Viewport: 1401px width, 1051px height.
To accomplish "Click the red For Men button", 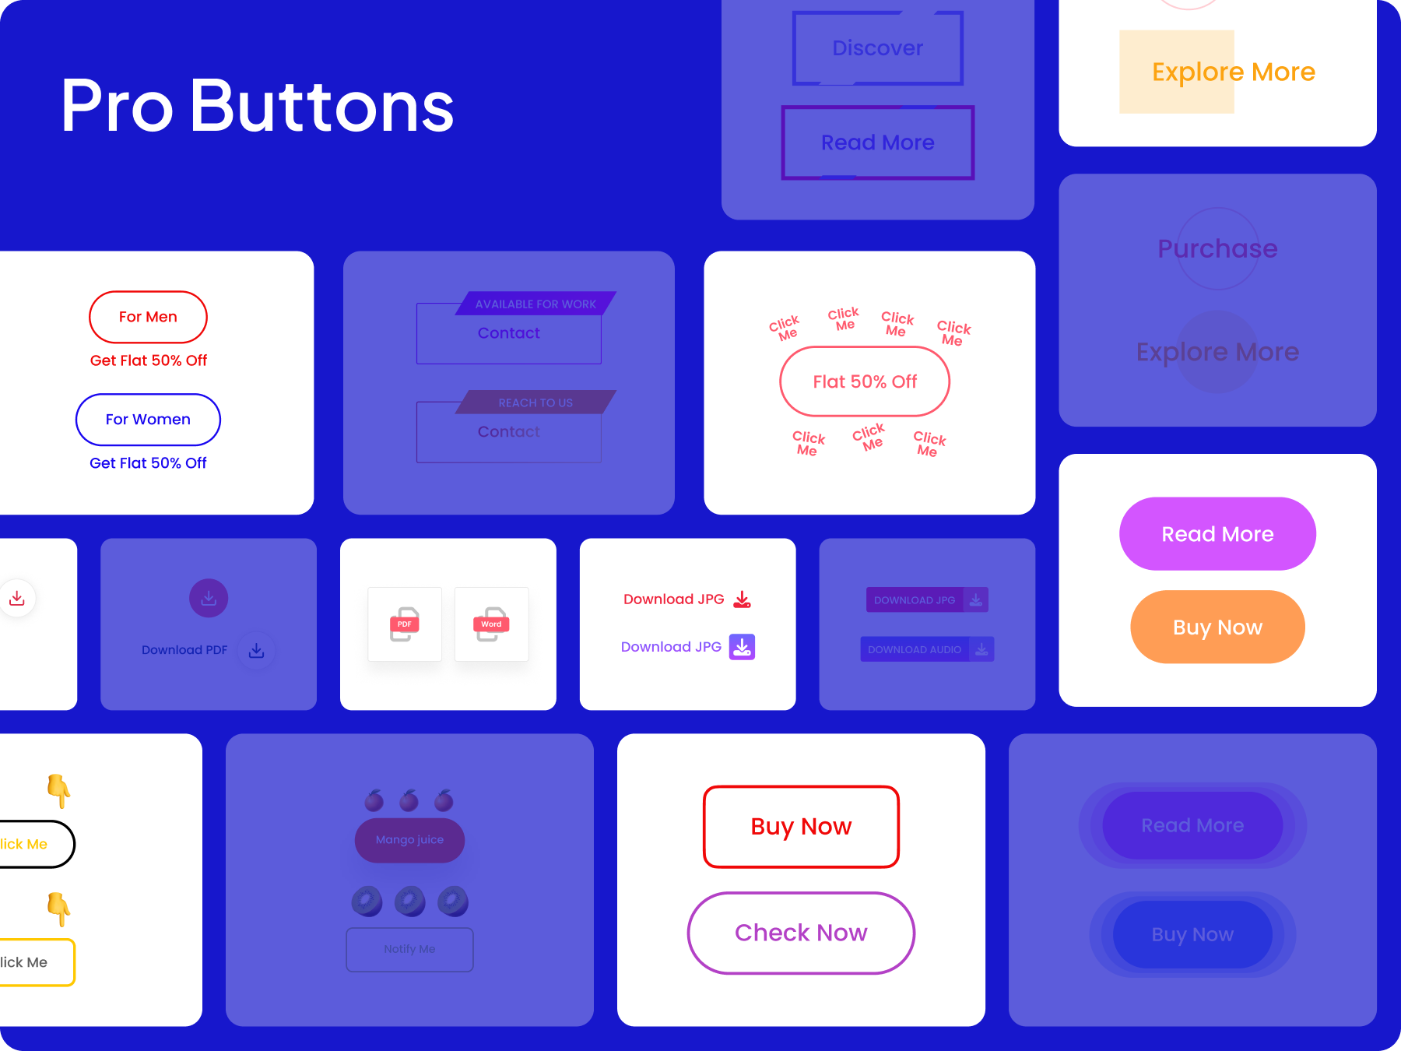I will pos(148,317).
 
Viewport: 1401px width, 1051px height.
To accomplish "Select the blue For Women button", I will pos(148,420).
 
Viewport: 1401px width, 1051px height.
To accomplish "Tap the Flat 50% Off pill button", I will pos(865,381).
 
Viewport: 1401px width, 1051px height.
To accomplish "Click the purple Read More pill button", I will pos(1217,534).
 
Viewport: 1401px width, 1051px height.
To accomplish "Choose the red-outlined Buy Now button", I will pos(801,827).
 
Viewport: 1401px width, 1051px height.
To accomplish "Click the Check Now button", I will pos(801,933).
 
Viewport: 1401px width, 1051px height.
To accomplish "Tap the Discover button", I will pos(878,48).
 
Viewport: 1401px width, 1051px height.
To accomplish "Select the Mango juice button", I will pos(409,840).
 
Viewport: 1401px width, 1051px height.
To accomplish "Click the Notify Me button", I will pos(409,949).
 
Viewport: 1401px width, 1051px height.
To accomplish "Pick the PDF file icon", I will pos(405,624).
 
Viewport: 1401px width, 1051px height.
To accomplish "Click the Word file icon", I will pos(491,624).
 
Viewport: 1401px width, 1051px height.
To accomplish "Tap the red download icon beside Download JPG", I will pos(743,599).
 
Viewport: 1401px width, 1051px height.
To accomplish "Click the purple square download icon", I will pos(742,647).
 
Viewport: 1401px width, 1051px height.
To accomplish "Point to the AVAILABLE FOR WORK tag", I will pos(535,304).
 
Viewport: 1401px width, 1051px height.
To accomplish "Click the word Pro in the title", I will pos(117,107).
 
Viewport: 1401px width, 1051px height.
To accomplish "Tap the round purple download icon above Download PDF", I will pos(209,598).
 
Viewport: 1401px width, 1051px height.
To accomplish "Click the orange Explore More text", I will pos(1233,72).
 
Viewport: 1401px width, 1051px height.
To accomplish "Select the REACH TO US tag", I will pos(535,402).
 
